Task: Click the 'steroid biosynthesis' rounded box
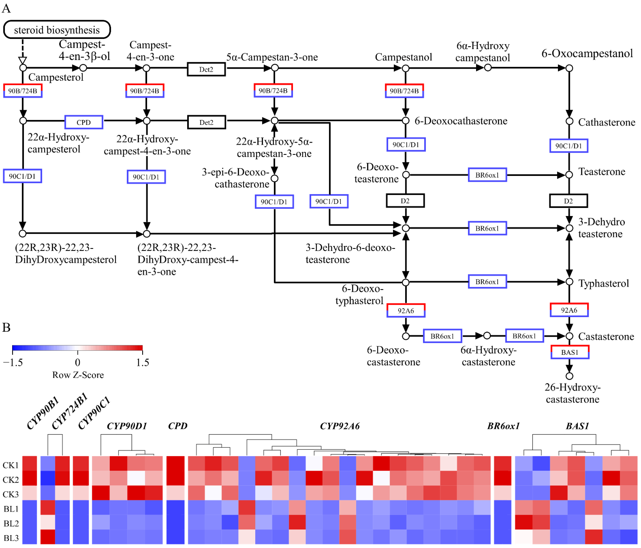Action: click(x=57, y=30)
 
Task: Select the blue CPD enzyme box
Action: click(x=83, y=122)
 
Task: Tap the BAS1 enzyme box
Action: click(x=570, y=352)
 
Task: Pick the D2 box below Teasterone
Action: click(x=568, y=201)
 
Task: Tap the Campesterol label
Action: click(x=56, y=77)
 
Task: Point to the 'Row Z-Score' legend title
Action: click(x=78, y=375)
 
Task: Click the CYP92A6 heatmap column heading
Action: click(x=340, y=426)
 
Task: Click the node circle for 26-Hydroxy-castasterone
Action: click(x=569, y=376)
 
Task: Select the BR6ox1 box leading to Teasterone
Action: click(x=487, y=175)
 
